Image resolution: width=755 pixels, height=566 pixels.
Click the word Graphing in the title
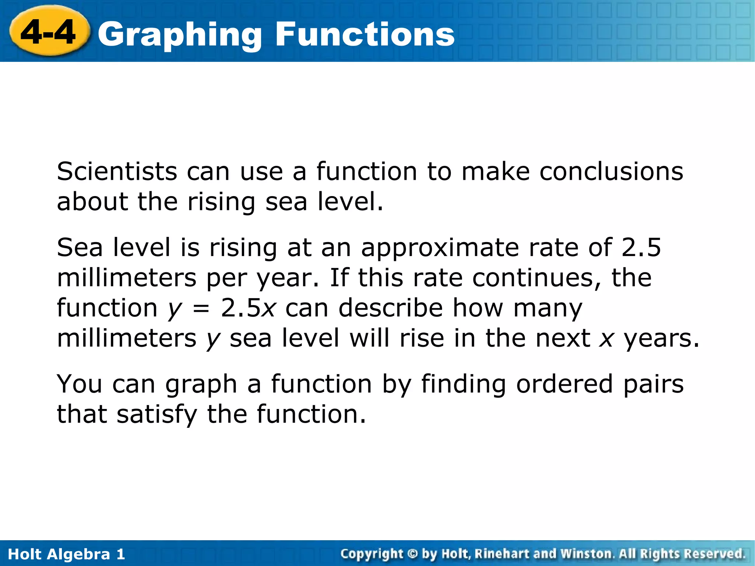[x=180, y=35]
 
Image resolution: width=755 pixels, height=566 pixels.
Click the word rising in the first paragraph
[x=221, y=203]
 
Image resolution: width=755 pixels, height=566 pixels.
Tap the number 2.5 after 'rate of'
[x=641, y=247]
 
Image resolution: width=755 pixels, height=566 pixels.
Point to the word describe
[x=390, y=308]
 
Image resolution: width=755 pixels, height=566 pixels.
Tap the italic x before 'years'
[x=606, y=339]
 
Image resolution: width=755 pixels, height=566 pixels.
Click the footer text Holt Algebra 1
[x=66, y=554]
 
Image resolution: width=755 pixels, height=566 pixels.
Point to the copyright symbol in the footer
[x=413, y=553]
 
